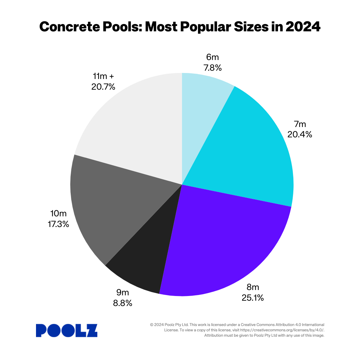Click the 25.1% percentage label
pos(253,298)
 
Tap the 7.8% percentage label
pos(213,68)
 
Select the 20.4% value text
pos(300,134)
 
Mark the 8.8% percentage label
pos(122,303)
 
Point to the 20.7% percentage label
pos(103,87)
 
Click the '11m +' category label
pos(103,77)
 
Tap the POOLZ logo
pos(67,330)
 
